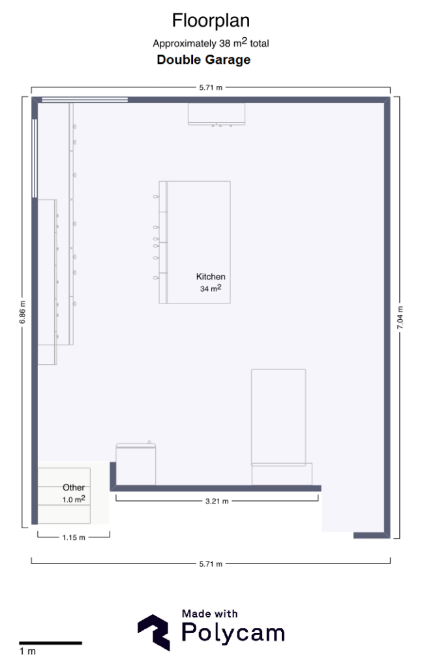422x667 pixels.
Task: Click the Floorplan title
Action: tap(211, 21)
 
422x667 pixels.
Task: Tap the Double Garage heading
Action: tap(203, 59)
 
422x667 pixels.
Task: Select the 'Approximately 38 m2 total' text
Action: tap(211, 42)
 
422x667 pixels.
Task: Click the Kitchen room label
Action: tap(211, 276)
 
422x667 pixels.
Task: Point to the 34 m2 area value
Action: tap(211, 289)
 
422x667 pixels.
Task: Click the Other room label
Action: tap(74, 487)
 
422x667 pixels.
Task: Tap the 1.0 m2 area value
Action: tap(74, 499)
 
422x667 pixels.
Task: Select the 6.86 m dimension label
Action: tap(23, 312)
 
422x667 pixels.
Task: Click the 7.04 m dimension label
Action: tap(400, 317)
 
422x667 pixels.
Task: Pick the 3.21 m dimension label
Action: tap(217, 501)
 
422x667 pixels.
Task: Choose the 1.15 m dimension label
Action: tap(74, 537)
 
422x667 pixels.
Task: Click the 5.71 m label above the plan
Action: tap(211, 88)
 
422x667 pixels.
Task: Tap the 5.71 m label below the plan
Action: tap(211, 564)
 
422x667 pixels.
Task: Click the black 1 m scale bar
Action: tap(50, 643)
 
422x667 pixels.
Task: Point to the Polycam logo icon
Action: tap(154, 632)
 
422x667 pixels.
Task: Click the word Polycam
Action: tap(233, 633)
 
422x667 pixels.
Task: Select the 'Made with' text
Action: tap(209, 614)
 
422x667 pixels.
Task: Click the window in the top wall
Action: tap(85, 100)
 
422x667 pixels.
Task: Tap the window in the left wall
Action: tap(35, 158)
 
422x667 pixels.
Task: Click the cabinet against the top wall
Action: tap(217, 114)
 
